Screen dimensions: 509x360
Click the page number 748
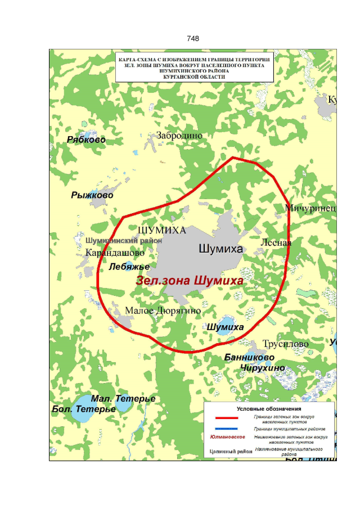coord(192,38)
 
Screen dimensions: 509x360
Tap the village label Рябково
coord(86,139)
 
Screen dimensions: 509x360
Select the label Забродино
coord(179,136)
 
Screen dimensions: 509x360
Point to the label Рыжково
coord(92,195)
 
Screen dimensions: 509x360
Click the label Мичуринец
coord(310,208)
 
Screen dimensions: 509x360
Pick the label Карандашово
coord(115,253)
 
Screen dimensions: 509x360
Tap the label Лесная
coord(276,242)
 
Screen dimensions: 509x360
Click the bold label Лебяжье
coord(129,266)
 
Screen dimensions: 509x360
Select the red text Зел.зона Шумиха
coord(190,281)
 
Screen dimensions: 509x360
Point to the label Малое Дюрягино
coord(163,310)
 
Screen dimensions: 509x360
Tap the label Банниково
coord(249,357)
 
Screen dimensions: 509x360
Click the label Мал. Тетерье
coord(123,398)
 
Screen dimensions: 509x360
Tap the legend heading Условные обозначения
coord(269,408)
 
